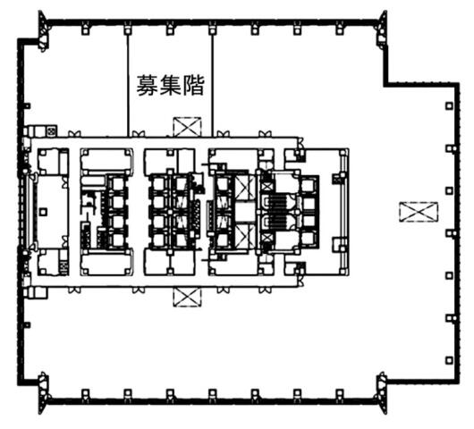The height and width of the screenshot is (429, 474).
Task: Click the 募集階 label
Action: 171,86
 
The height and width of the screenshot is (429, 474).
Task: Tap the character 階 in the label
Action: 194,86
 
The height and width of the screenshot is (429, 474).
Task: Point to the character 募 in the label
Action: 147,86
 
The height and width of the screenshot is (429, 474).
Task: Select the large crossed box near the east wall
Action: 419,212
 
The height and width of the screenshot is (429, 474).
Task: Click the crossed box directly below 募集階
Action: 187,127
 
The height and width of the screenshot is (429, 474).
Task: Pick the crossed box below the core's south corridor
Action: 187,298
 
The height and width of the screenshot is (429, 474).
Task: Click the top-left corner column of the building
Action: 43,31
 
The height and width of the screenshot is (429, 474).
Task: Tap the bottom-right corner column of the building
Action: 383,392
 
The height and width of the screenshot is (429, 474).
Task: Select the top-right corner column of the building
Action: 383,30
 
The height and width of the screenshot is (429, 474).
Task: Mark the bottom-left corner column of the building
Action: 43,392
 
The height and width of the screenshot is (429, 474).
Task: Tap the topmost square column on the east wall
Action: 450,106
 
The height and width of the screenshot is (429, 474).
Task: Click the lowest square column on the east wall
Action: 450,360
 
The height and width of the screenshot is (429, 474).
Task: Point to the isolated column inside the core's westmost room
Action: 43,212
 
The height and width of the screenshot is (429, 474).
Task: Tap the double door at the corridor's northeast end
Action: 300,143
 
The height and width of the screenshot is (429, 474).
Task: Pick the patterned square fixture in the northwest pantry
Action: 51,131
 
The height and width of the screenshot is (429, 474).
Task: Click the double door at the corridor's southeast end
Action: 300,281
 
